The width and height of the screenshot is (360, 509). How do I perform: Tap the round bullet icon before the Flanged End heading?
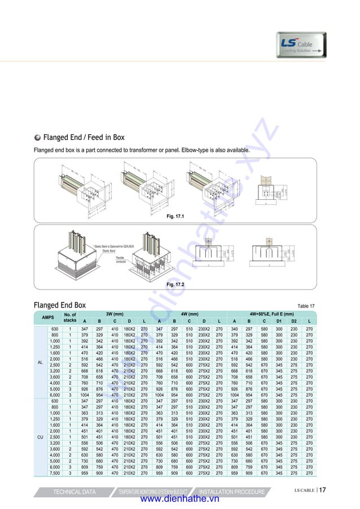tap(37, 138)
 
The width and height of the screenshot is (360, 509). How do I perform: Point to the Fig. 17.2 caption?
tap(174, 285)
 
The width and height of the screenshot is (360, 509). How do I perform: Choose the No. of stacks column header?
tap(70, 317)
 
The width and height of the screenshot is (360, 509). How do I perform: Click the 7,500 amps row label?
tap(55, 473)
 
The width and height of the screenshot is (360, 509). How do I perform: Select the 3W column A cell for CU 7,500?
tap(85, 473)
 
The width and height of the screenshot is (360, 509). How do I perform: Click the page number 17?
tap(322, 490)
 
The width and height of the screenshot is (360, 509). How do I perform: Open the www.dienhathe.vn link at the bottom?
tap(179, 500)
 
